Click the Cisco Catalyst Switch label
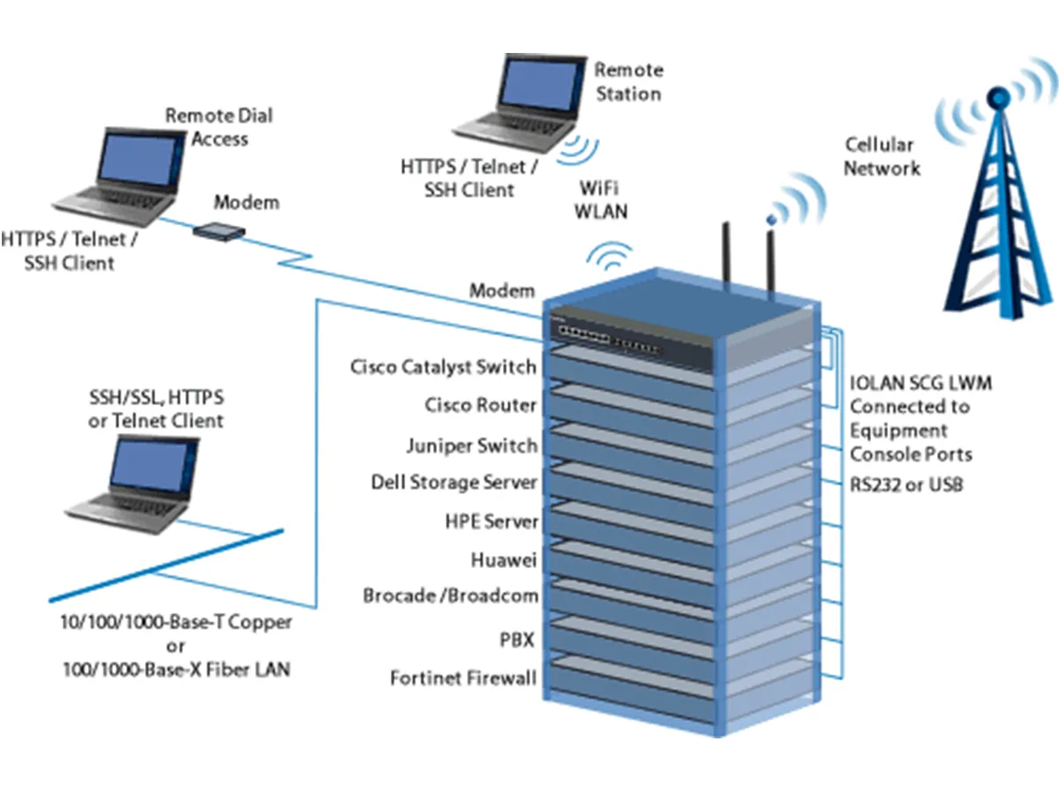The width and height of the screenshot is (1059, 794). coord(443,367)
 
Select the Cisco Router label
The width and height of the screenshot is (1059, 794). coord(480,406)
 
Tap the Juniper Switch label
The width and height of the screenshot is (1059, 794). coord(471,445)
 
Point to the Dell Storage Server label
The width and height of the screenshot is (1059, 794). coord(454,483)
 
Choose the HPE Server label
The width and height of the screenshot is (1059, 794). coord(492,521)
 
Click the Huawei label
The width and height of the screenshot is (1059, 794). coord(504,559)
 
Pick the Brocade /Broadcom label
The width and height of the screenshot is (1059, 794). coord(450,595)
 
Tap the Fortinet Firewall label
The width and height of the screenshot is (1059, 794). coord(463,678)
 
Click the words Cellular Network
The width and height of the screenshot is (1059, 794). coord(880,156)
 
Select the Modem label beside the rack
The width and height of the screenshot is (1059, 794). coord(501,290)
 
